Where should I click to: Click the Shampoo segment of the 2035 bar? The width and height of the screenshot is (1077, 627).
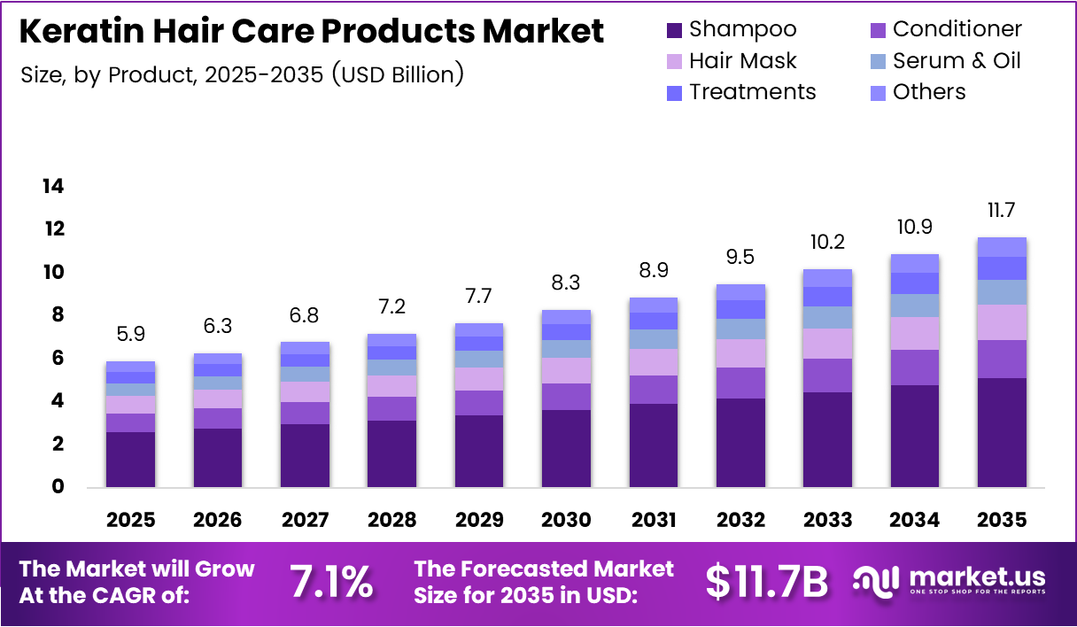1002,432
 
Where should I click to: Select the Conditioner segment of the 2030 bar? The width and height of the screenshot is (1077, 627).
566,396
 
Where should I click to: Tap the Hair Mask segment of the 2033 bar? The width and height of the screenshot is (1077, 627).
827,344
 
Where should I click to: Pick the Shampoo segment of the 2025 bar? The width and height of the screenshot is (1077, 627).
130,459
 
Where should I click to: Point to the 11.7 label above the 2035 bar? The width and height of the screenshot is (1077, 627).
1002,212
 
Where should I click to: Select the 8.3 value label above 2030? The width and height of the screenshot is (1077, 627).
566,285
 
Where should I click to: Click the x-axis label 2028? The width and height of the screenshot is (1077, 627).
391,520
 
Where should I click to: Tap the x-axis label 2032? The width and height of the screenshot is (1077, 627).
740,520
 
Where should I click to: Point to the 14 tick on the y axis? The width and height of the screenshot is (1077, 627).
52,186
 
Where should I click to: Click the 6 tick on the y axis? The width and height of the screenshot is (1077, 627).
57,358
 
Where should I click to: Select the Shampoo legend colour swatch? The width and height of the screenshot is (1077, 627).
674,30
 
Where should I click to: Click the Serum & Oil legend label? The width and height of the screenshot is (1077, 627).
957,61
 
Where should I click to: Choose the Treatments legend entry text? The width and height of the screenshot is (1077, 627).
753,92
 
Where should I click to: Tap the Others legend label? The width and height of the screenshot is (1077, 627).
929,92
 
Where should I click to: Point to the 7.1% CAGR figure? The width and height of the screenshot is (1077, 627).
331,582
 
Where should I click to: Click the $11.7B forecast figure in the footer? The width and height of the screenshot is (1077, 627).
767,582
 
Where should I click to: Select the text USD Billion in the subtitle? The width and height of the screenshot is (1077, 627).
397,74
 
